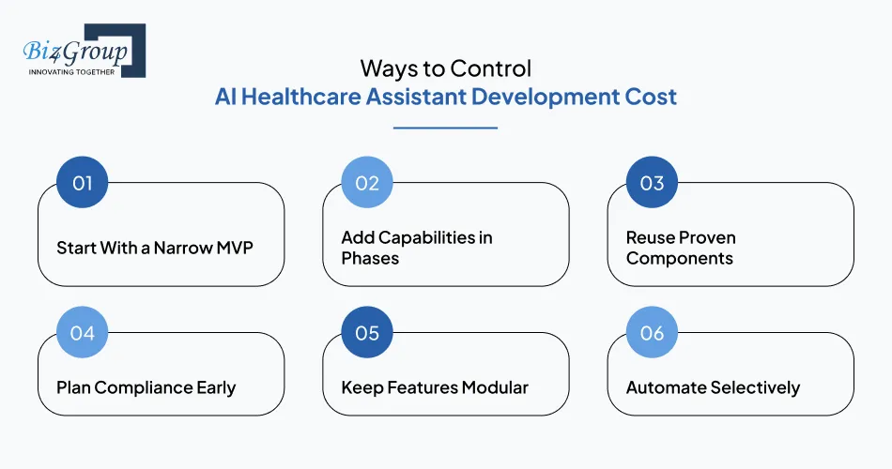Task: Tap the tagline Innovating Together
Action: [71, 70]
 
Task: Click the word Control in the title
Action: [490, 68]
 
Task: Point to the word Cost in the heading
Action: [651, 98]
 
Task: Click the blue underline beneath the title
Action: [445, 127]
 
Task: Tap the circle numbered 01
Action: [83, 182]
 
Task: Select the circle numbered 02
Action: [367, 182]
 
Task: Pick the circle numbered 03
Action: [652, 182]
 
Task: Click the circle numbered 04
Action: [83, 333]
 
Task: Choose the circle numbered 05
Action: [367, 333]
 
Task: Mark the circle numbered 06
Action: [652, 333]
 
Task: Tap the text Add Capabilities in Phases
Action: [416, 248]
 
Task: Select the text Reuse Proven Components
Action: [681, 248]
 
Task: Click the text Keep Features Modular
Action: [435, 386]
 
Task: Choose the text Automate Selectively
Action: [713, 386]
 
